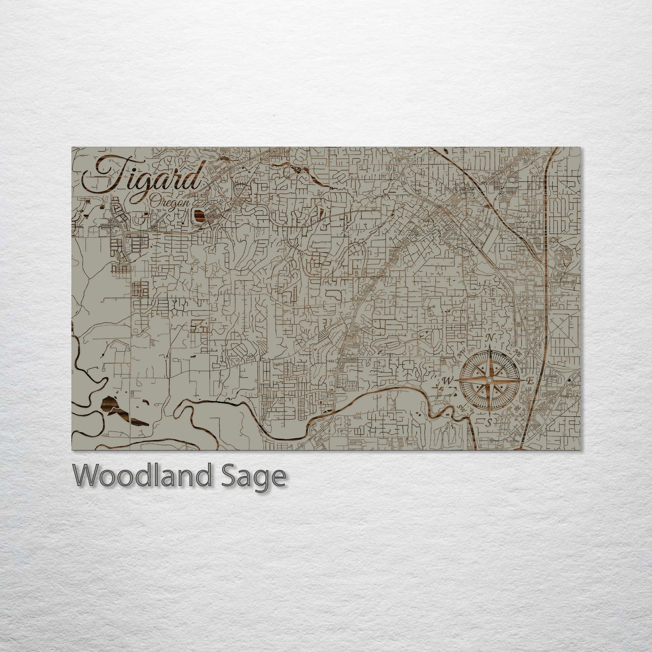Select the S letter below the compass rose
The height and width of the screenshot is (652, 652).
click(x=489, y=423)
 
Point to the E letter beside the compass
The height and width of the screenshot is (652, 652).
click(x=531, y=381)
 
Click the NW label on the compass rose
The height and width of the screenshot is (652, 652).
click(x=461, y=355)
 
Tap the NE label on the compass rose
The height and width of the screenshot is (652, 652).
click(x=518, y=355)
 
